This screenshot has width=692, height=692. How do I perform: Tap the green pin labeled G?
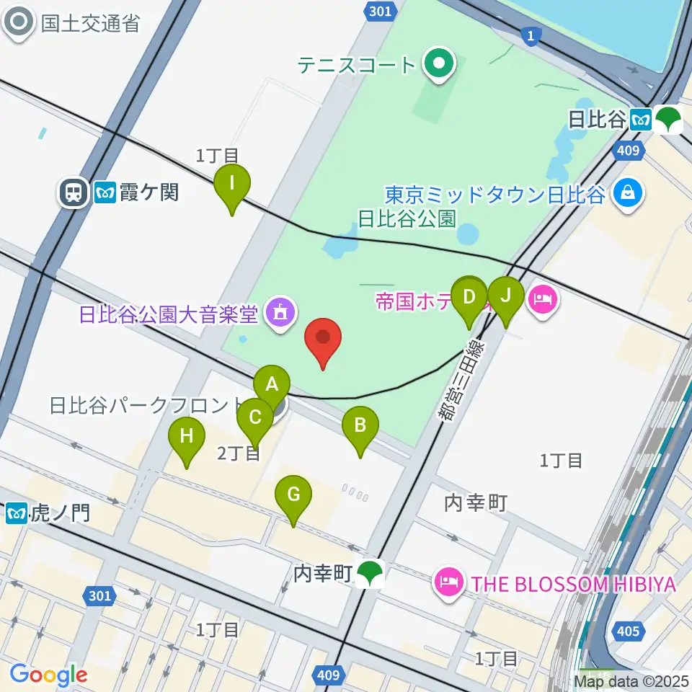(293, 494)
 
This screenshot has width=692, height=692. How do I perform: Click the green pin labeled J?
(505, 296)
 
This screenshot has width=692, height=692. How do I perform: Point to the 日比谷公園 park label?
(407, 218)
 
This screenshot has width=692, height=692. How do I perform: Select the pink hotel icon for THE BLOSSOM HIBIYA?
(450, 582)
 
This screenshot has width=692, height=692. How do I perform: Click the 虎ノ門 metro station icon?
(16, 513)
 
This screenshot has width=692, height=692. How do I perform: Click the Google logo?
(48, 675)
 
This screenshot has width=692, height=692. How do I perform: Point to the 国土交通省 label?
(89, 22)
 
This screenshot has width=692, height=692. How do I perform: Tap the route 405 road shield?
(628, 631)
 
